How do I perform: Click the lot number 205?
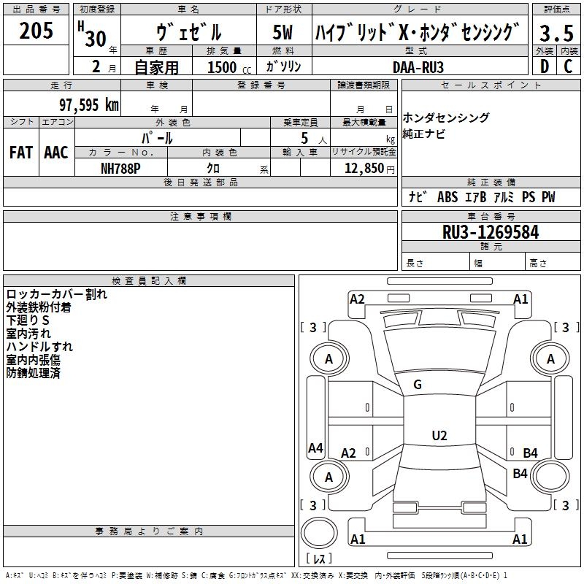pos(36,31)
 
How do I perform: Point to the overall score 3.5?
pos(556,34)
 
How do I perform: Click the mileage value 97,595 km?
pos(89,104)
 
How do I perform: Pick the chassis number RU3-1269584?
pos(491,232)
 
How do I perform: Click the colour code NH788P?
pos(120,168)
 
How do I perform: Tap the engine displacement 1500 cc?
pos(226,67)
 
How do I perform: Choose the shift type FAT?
pos(20,152)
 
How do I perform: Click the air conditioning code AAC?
pos(55,152)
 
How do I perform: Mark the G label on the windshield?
pos(418,385)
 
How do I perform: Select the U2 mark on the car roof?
pos(439,436)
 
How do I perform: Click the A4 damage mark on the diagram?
pos(315,448)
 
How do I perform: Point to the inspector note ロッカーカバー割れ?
pos(57,294)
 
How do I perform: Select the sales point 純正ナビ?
pos(423,134)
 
